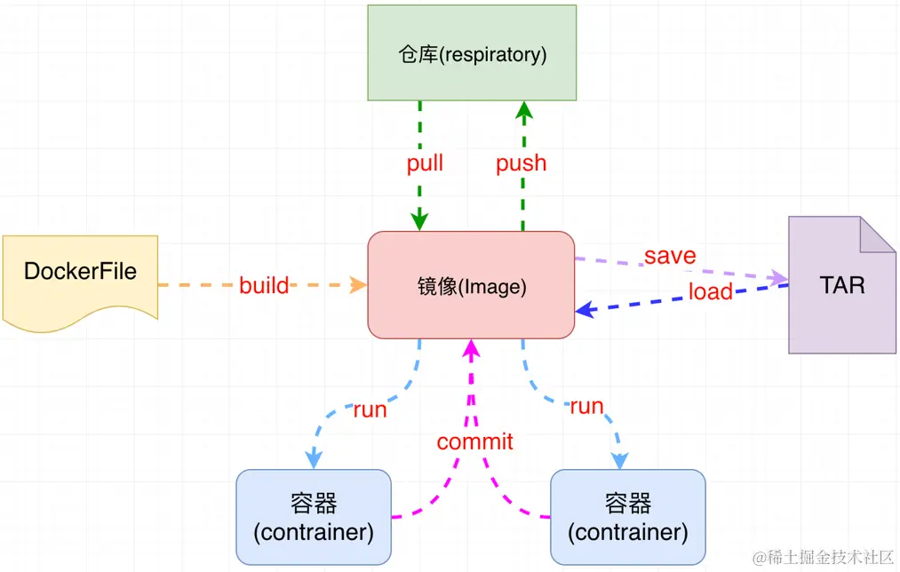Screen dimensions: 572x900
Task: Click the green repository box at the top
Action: [472, 54]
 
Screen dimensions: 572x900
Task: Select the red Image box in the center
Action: [472, 285]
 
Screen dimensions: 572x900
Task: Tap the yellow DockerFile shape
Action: [80, 272]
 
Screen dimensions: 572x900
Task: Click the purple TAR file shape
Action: [841, 286]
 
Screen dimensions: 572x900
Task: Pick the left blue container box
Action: [314, 517]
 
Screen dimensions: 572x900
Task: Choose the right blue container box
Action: [628, 517]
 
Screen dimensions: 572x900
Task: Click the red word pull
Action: [425, 163]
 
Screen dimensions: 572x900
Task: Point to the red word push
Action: [522, 163]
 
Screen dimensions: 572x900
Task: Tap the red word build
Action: [264, 285]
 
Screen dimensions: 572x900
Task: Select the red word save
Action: [670, 256]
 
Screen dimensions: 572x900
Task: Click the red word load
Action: [711, 291]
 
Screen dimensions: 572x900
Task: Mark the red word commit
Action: [474, 441]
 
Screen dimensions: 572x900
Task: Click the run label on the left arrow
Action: [370, 409]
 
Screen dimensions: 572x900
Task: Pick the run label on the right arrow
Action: [586, 407]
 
